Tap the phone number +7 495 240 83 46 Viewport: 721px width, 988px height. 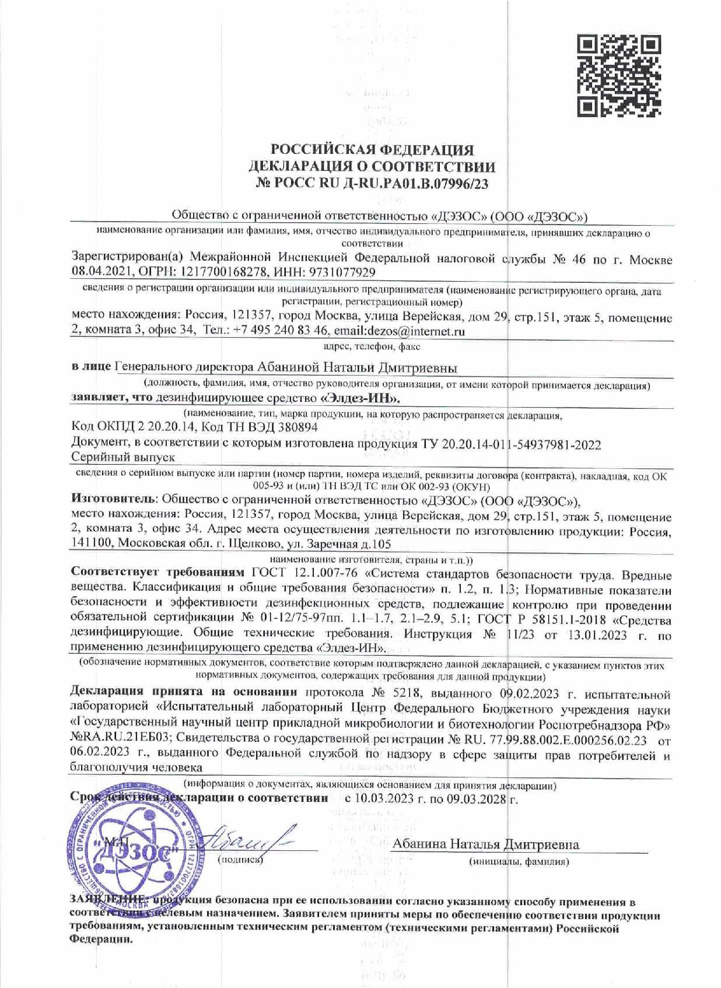(282, 331)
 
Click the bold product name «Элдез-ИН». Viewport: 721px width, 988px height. (363, 398)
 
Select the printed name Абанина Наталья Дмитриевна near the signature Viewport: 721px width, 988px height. (485, 845)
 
